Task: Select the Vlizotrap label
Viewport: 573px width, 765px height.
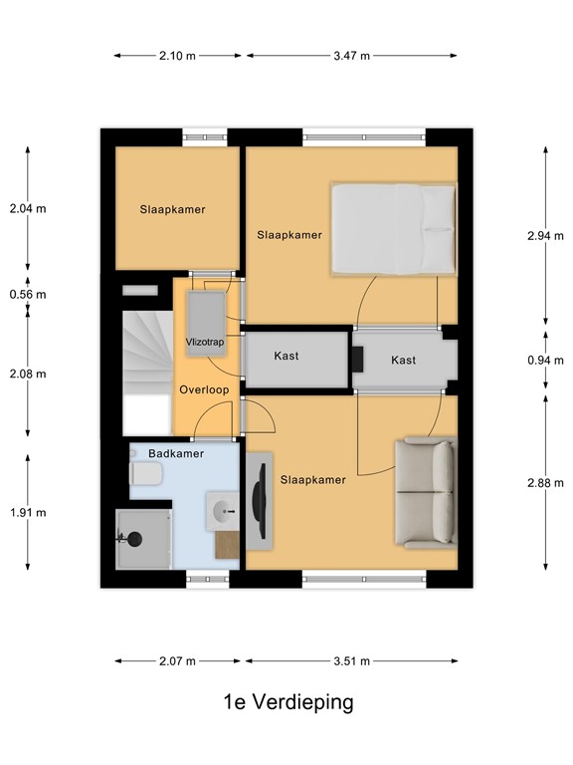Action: [206, 342]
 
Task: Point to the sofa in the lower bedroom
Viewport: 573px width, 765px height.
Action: [426, 493]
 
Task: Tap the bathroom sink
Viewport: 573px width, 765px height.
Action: [222, 512]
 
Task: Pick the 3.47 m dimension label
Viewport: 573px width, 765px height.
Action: [351, 56]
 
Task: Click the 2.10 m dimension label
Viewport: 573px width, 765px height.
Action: [177, 56]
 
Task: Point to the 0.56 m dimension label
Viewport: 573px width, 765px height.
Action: [28, 295]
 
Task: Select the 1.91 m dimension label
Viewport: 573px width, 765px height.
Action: [28, 513]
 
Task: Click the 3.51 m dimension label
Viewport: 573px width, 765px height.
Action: [351, 660]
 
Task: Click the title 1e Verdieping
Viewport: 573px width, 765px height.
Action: [287, 702]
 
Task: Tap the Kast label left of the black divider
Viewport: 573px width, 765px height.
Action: [286, 356]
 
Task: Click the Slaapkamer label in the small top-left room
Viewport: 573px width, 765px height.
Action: [173, 210]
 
